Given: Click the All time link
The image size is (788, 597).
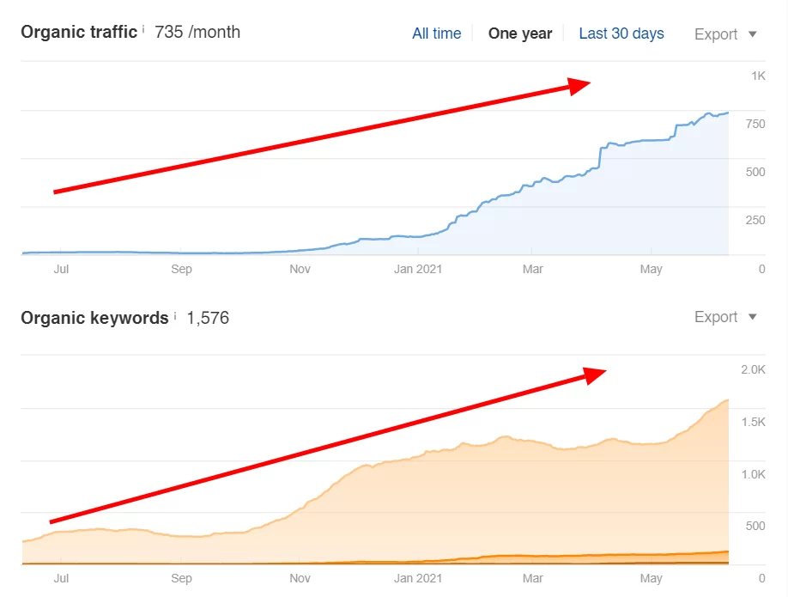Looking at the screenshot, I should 436,34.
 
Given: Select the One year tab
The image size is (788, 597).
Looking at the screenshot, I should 519,34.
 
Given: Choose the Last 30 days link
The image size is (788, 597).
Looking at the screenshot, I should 621,34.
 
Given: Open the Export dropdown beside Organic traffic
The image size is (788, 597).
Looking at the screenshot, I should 725,34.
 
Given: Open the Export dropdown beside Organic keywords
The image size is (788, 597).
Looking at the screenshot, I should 725,317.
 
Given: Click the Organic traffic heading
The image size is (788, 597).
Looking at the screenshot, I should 78,32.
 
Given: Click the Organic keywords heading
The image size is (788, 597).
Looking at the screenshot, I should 94,318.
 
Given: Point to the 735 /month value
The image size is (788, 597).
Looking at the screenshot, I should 197,33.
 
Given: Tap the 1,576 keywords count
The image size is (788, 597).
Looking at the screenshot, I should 208,318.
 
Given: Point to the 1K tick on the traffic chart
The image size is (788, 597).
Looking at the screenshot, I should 758,76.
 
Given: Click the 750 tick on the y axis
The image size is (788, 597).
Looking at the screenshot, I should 755,125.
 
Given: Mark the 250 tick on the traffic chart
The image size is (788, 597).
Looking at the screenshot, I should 755,221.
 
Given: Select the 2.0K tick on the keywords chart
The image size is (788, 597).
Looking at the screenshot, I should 753,369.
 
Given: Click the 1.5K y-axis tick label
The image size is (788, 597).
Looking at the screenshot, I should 753,422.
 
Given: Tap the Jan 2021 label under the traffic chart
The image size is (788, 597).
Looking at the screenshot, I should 416,270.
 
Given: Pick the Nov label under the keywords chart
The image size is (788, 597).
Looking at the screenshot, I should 300,579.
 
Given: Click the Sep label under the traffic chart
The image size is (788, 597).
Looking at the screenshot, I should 181,270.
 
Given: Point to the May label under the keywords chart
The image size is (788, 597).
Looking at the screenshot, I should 652,579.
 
